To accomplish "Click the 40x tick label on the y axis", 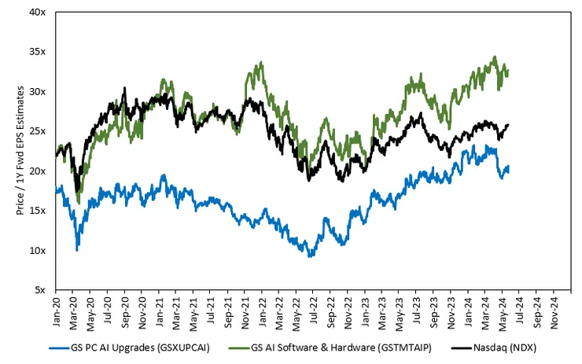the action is [x=38, y=13].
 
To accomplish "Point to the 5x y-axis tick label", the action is [x=40, y=290].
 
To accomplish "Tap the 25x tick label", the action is [x=38, y=131].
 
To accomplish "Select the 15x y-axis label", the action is [x=38, y=211].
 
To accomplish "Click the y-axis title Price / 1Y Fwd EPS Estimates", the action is [x=20, y=151].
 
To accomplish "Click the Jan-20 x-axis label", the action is [x=57, y=312].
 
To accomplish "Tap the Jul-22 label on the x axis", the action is [x=313, y=311].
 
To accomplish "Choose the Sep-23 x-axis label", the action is [x=434, y=312].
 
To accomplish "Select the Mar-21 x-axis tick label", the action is [x=176, y=312].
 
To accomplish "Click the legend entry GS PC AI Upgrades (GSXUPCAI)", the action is [x=130, y=348].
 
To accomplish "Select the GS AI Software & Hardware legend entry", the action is [x=330, y=348].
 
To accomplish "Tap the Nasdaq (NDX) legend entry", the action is [x=494, y=348].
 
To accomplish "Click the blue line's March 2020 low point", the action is [x=77, y=251].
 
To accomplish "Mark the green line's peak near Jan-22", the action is [x=262, y=62].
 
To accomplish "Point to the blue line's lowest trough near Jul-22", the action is [x=310, y=256].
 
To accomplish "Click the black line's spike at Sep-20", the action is [x=125, y=87].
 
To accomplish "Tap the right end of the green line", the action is [x=508, y=71].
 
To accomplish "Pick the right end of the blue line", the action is [x=508, y=167].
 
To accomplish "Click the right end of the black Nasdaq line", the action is [x=508, y=125].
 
